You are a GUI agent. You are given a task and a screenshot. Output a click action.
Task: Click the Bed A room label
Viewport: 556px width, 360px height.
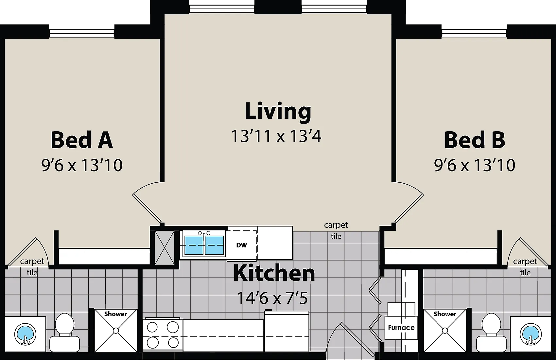coord(82,140)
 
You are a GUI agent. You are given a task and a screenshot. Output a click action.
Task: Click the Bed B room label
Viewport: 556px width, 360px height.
coord(475,140)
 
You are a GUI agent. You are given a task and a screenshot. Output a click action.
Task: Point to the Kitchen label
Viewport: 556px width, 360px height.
coord(274,273)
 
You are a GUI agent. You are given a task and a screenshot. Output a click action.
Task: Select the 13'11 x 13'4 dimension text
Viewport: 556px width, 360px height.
coord(276,136)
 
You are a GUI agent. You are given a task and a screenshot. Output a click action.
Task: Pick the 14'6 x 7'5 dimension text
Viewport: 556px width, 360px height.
coord(272,298)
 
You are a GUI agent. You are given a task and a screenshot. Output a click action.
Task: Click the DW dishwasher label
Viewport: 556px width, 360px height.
coord(241,245)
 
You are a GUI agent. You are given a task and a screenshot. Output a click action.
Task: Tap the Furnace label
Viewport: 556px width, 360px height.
coord(401,328)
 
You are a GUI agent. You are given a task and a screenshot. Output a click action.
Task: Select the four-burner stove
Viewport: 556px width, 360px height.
coord(163,335)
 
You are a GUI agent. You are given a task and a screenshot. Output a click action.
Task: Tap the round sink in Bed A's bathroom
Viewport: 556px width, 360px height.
coord(25,334)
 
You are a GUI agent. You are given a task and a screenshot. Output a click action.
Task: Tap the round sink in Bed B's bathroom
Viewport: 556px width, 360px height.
coord(531,334)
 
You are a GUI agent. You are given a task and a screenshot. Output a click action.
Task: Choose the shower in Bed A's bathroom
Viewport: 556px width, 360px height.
coord(116,331)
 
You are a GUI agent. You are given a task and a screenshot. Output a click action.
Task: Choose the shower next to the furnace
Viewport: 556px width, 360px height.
coord(445,331)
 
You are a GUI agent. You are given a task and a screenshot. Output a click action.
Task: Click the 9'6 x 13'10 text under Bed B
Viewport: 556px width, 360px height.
coord(475,165)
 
